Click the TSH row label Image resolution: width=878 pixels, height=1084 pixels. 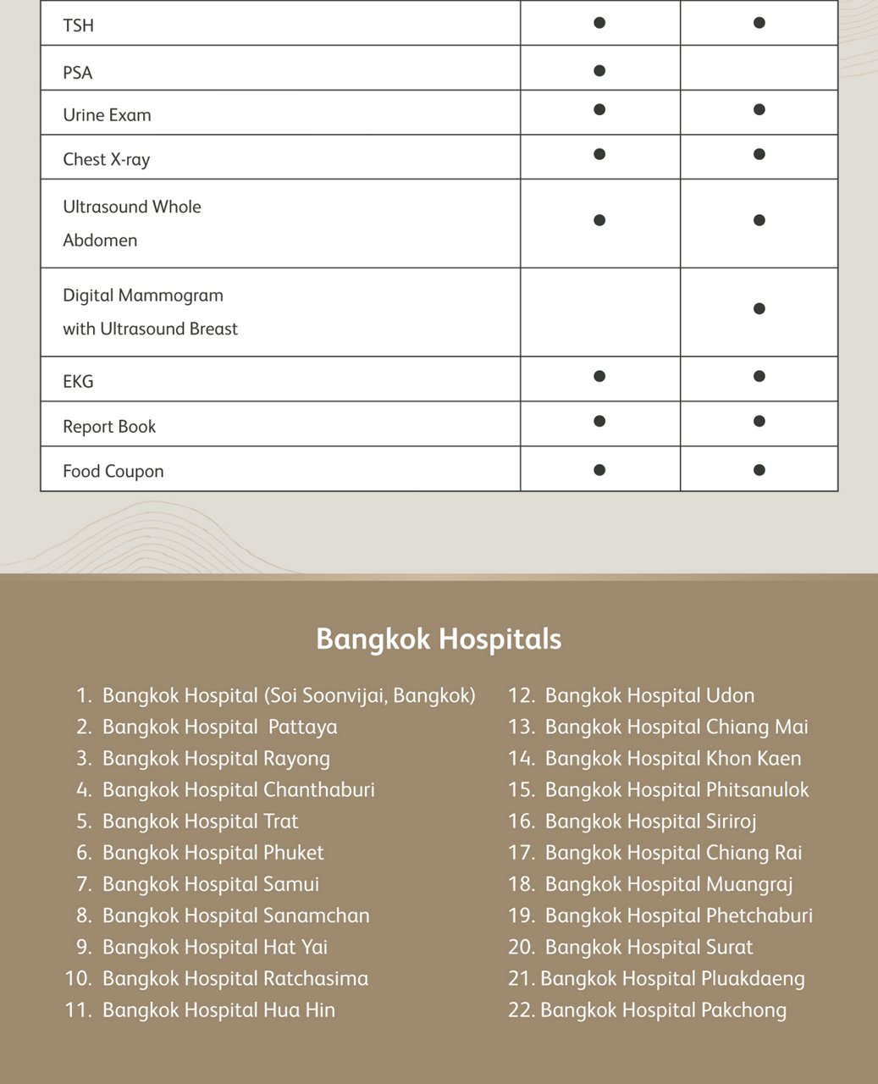(x=78, y=25)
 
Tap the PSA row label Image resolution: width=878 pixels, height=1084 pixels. (x=78, y=73)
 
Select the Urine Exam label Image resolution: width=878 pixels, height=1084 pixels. (x=107, y=115)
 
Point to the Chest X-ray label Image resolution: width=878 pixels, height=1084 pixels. (x=106, y=159)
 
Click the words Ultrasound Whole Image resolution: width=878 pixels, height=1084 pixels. (x=132, y=207)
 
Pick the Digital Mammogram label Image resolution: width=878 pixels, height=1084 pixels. (x=143, y=296)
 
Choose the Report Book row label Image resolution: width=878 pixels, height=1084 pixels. (x=109, y=427)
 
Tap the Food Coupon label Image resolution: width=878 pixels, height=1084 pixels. (x=113, y=472)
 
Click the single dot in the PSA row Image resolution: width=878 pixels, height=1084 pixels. (x=599, y=70)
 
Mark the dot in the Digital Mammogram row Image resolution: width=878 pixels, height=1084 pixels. (x=759, y=308)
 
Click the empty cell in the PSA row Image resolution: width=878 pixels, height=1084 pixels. (x=759, y=69)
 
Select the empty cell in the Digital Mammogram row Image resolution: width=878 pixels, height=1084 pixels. (x=599, y=312)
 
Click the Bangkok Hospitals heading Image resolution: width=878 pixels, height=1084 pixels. (x=439, y=639)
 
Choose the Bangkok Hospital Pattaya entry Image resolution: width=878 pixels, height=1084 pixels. (x=219, y=727)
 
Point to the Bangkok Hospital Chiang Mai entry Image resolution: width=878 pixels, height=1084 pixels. (x=676, y=727)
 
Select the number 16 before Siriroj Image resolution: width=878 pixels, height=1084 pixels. (x=520, y=821)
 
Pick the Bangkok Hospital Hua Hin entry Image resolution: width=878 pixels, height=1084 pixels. (x=218, y=1010)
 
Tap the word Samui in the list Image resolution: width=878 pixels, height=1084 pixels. (x=290, y=884)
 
